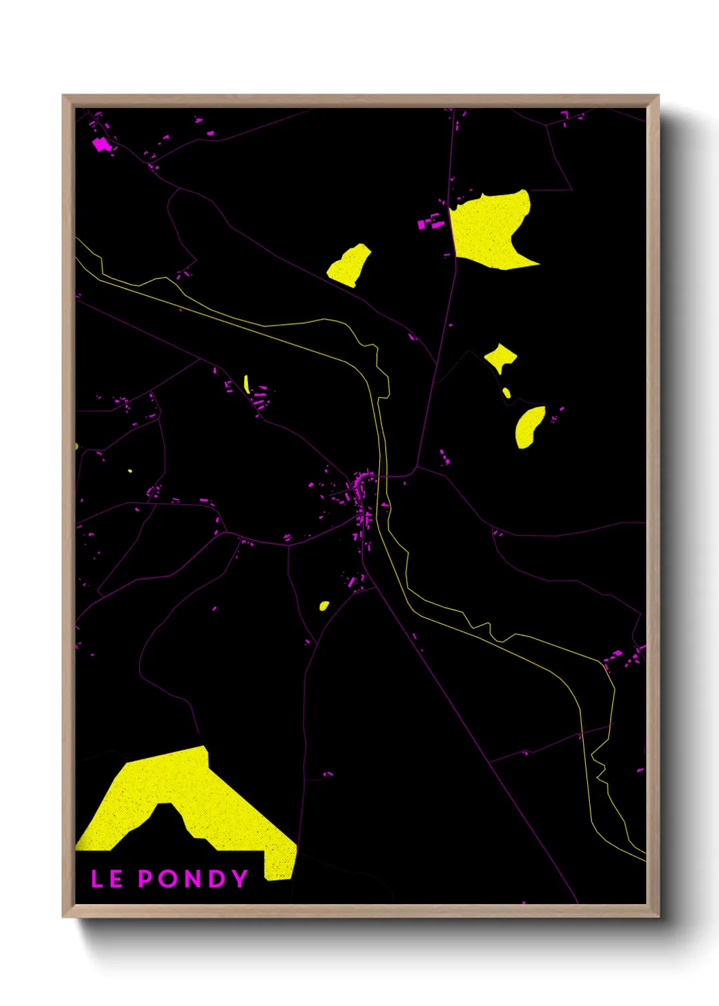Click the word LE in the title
point(107,879)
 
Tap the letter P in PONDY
point(145,879)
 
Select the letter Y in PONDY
point(240,879)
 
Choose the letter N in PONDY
point(192,879)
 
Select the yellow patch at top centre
point(350,265)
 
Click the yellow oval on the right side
point(529,427)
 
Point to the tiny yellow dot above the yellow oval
point(506,393)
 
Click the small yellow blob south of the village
point(324,606)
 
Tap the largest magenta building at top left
point(101,144)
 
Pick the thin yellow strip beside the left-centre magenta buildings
point(246,384)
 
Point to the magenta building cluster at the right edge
point(625,657)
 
